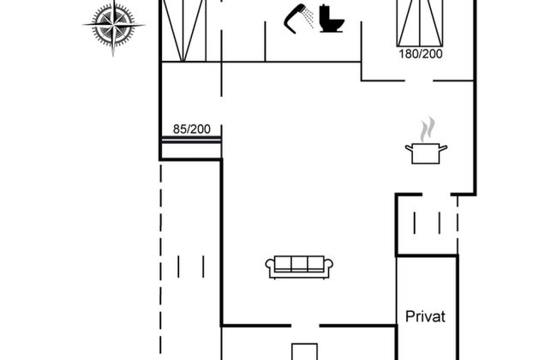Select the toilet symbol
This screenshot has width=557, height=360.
(x=329, y=19)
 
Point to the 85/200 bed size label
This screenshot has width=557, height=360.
(x=191, y=129)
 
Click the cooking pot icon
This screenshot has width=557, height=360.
(x=426, y=153)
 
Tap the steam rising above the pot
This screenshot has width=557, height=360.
(x=427, y=129)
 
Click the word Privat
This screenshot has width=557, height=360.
(x=426, y=316)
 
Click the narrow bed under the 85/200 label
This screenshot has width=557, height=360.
(x=191, y=140)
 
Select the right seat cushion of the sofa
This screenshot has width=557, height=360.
(x=316, y=265)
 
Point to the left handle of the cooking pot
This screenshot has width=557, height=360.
(x=409, y=148)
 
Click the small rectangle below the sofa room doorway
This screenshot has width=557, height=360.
(x=304, y=351)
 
